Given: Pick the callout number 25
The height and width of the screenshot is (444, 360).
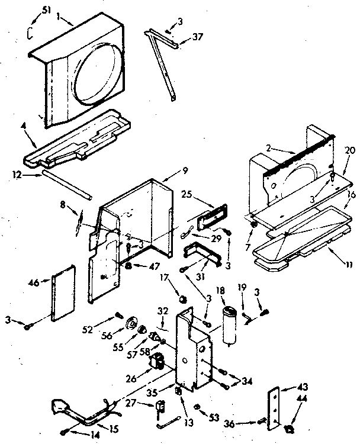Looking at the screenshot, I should [x=187, y=194].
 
